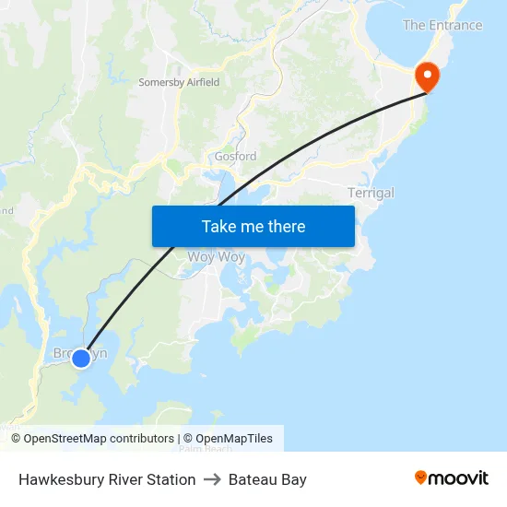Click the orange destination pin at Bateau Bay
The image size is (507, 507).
tap(429, 76)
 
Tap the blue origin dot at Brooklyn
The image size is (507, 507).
tap(81, 358)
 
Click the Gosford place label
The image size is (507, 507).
tap(235, 157)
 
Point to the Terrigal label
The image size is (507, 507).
tap(371, 193)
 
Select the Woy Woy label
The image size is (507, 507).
tap(217, 257)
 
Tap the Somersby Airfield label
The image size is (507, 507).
tap(179, 82)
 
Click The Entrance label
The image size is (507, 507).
tap(442, 25)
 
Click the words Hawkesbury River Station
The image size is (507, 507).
tap(107, 479)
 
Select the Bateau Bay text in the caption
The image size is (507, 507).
tap(267, 479)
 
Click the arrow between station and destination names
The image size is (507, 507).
tap(212, 479)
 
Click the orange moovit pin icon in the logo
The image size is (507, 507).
tap(421, 478)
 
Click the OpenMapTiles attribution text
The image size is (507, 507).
tap(228, 439)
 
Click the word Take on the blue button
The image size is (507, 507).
tap(219, 226)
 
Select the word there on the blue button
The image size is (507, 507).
tap(287, 226)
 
